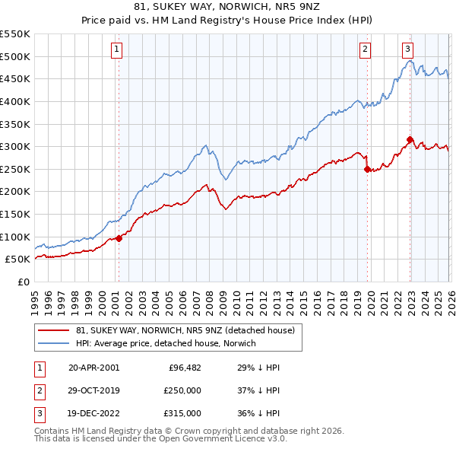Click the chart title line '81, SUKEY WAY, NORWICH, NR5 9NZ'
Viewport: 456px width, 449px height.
[228, 8]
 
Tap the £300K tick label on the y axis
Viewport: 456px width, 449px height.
[14, 146]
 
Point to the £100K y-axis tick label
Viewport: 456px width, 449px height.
[14, 237]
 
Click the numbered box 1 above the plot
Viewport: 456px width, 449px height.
[117, 49]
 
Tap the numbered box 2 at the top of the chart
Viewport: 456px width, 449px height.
[366, 49]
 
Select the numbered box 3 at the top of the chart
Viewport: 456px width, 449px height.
[408, 49]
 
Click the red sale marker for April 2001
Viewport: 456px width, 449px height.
[119, 238]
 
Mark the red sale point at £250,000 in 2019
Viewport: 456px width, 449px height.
[368, 169]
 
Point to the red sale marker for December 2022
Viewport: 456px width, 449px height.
[410, 139]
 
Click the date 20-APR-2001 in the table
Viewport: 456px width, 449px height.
[93, 368]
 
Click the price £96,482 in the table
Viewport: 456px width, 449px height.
[185, 368]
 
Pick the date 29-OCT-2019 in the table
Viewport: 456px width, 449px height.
[93, 390]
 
